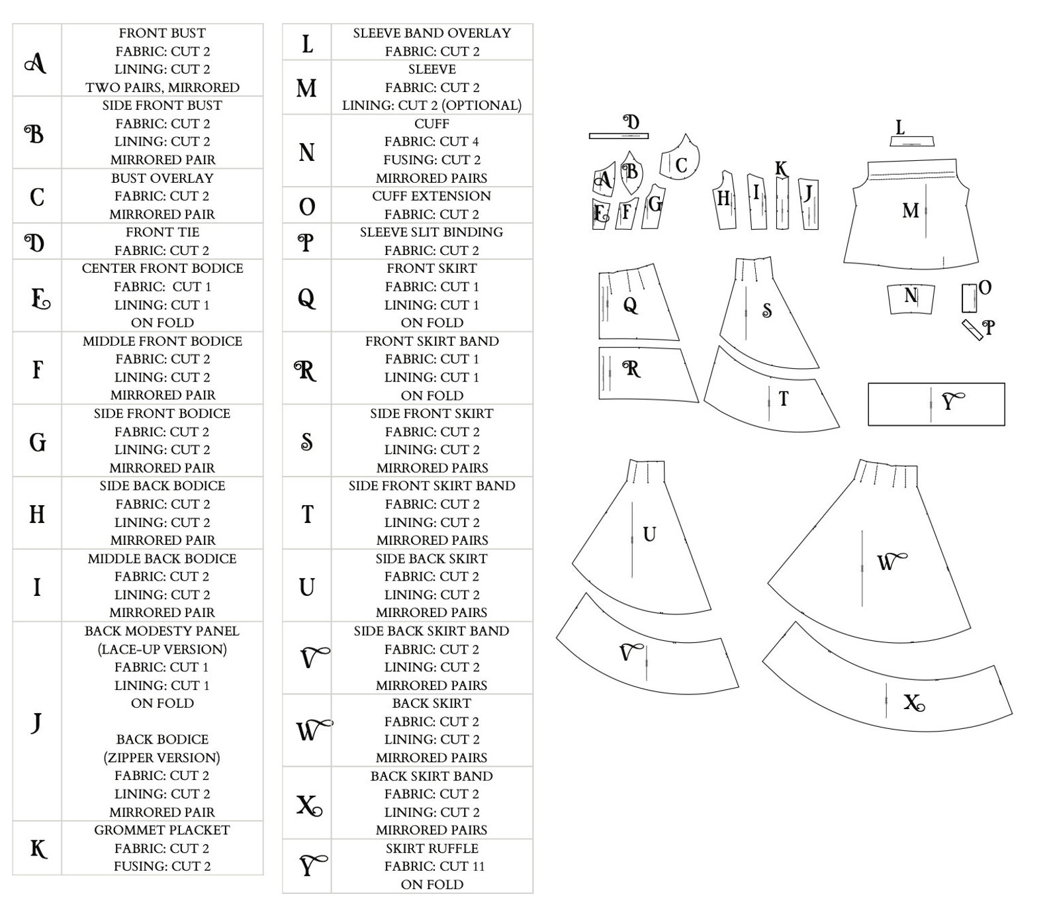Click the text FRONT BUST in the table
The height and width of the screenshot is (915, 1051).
point(162,33)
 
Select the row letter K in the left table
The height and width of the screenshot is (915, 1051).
point(38,848)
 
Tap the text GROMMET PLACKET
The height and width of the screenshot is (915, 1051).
point(162,830)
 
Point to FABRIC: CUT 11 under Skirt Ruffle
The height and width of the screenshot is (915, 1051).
point(432,866)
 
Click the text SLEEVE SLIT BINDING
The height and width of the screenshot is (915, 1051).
point(432,232)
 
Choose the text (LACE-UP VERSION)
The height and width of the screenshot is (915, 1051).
point(162,649)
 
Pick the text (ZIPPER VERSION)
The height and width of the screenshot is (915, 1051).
point(162,757)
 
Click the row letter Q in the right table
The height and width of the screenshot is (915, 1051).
point(306,298)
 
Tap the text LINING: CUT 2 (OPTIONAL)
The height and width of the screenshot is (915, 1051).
point(432,105)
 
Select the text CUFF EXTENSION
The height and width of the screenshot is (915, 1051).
point(432,196)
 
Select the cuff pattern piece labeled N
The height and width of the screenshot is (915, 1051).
point(911,297)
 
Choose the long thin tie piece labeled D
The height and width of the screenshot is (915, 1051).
point(618,136)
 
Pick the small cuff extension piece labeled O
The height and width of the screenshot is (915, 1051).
point(969,298)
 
